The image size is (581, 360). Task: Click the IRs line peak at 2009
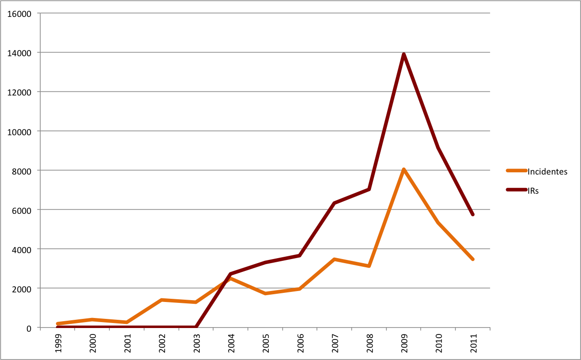click(404, 54)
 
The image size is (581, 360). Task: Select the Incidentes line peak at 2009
click(404, 170)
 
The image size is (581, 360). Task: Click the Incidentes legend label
click(548, 172)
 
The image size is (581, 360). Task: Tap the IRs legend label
click(533, 191)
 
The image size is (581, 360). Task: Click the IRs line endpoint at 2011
click(473, 214)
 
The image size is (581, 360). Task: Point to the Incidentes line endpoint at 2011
click(473, 259)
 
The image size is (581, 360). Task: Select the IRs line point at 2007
click(335, 203)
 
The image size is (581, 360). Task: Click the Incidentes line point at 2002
click(162, 300)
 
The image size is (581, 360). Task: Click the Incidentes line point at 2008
click(369, 265)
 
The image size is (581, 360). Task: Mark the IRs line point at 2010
click(438, 147)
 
